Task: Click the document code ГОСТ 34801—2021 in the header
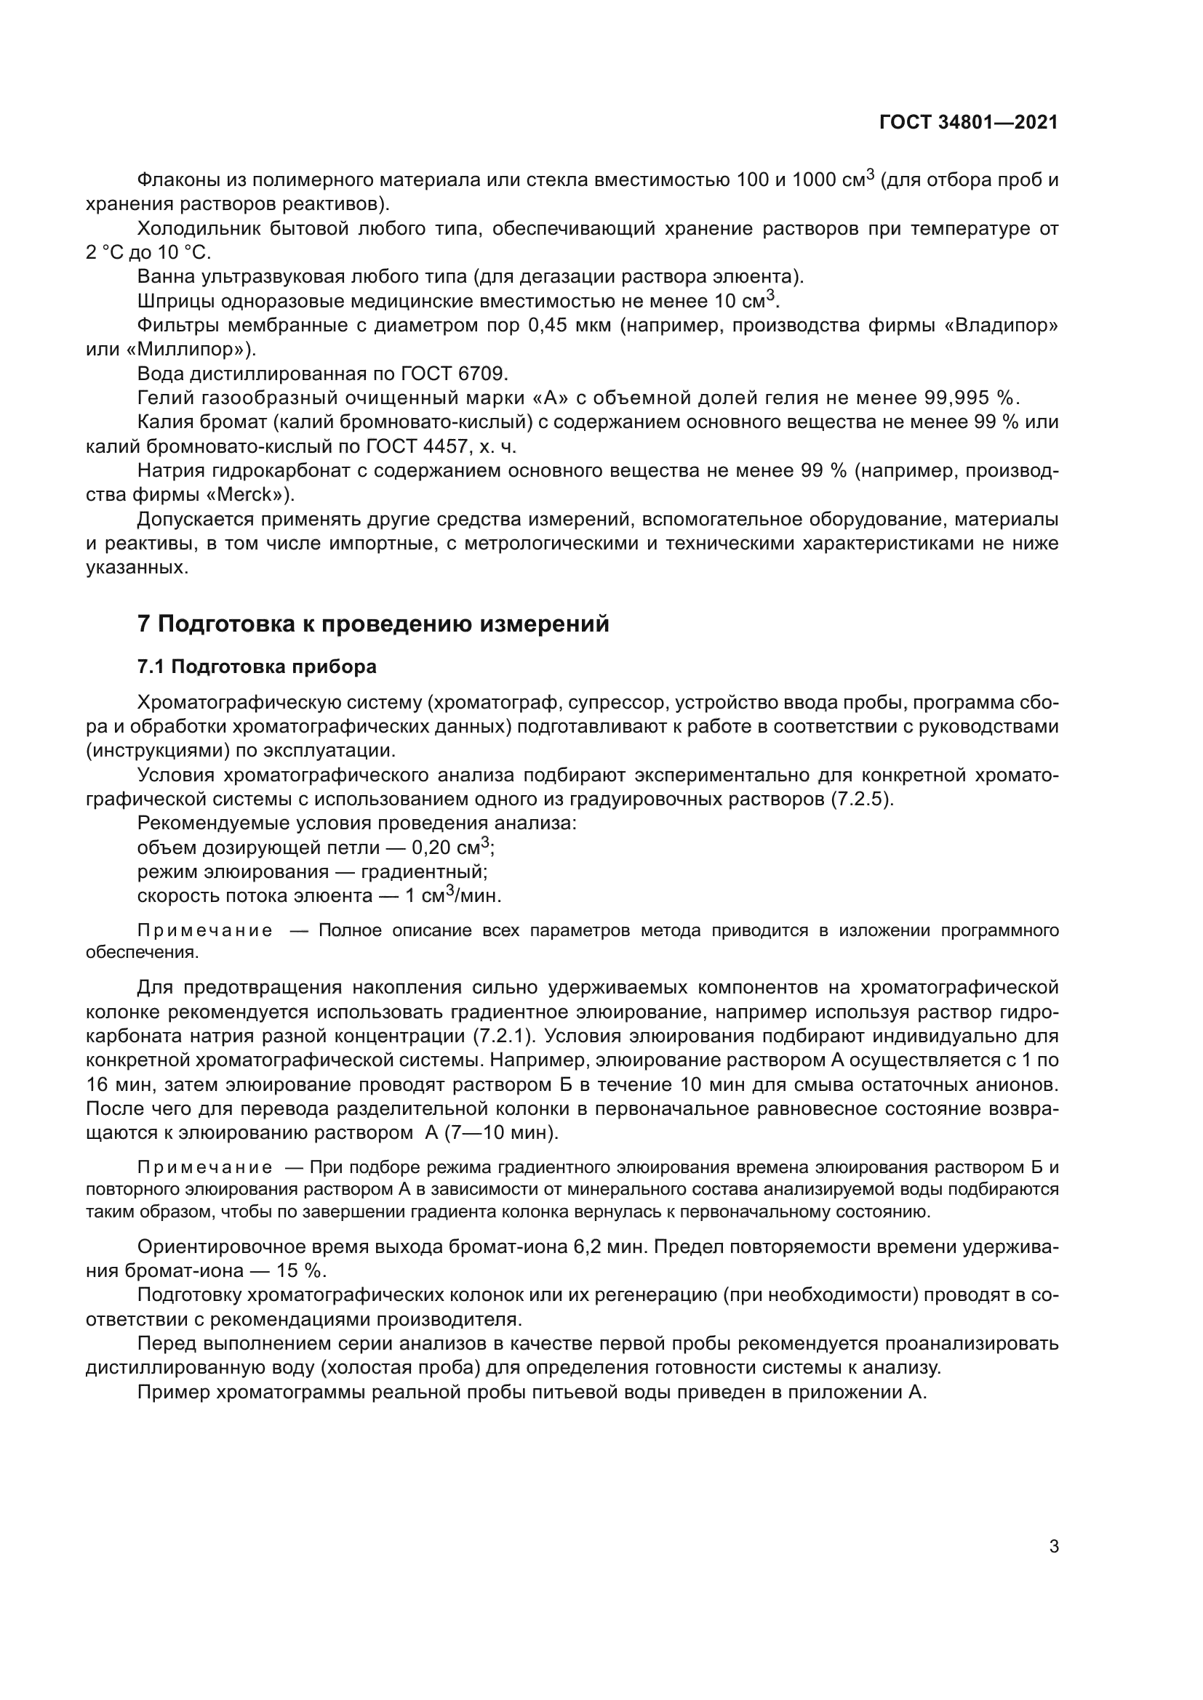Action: pos(968,122)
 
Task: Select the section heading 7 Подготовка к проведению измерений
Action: pos(372,624)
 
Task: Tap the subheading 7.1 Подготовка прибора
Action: pos(256,666)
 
